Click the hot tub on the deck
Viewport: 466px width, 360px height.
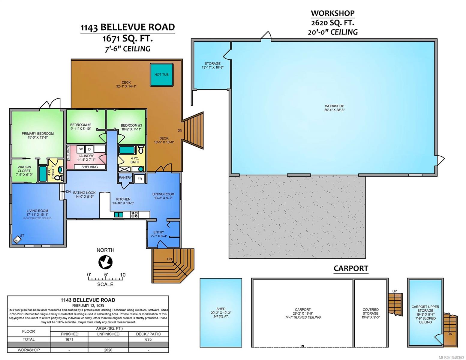[161, 74]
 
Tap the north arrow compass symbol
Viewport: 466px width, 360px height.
[105, 262]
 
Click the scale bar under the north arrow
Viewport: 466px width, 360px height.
[106, 278]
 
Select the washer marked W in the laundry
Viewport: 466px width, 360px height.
[81, 149]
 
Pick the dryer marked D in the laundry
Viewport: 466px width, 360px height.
[89, 149]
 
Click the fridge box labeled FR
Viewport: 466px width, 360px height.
[140, 179]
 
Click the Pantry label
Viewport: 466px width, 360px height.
[125, 178]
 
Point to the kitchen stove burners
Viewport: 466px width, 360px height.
[134, 214]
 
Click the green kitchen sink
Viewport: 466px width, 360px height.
[119, 214]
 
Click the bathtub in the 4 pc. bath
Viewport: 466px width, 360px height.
[127, 150]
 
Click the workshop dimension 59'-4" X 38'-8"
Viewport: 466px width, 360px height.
[334, 110]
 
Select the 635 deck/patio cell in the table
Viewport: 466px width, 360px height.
[148, 339]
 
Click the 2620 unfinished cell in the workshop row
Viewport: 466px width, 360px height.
[108, 350]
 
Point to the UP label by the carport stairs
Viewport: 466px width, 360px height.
[395, 291]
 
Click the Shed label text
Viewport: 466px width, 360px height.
[221, 309]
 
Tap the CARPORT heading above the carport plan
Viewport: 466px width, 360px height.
[351, 268]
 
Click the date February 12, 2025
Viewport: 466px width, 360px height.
[88, 305]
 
